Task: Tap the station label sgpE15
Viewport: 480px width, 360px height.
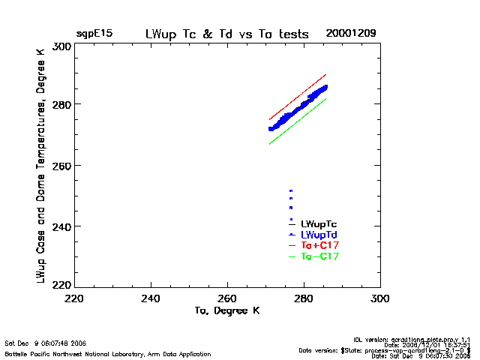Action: point(94,34)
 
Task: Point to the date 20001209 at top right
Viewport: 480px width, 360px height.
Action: point(351,34)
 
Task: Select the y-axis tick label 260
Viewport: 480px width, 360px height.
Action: point(61,165)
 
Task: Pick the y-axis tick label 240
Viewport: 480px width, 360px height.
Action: point(61,226)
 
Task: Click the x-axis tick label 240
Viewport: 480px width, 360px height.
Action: point(151,298)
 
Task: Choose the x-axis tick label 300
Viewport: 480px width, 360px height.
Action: point(380,298)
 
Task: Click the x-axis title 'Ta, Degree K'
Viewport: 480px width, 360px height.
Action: point(226,310)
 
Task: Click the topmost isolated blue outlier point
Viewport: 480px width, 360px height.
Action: point(290,190)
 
